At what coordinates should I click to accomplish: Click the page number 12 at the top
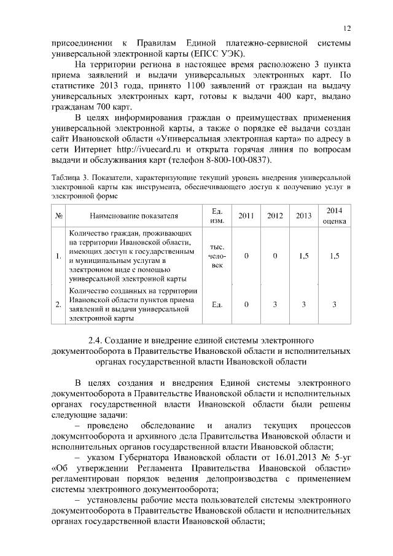click(347, 29)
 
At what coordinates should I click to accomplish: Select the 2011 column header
click(246, 216)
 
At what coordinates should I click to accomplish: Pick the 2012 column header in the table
click(275, 216)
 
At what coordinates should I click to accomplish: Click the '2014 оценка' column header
click(334, 216)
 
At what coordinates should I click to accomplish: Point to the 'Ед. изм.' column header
click(216, 216)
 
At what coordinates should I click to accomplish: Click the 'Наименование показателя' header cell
click(133, 216)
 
